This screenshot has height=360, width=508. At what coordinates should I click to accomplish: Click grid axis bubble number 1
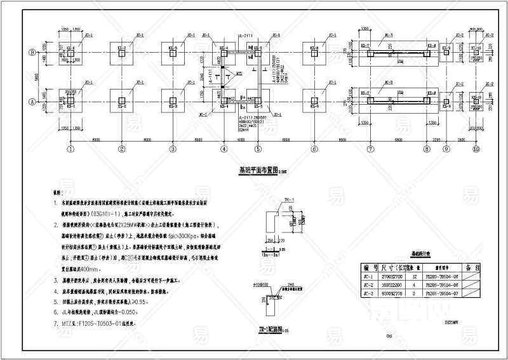70,150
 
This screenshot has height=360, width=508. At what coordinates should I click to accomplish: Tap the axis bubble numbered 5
258,150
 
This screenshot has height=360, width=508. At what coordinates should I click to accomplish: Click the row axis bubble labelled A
30,101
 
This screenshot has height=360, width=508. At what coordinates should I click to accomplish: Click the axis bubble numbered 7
369,150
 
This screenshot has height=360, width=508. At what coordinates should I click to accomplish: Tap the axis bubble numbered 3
172,150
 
